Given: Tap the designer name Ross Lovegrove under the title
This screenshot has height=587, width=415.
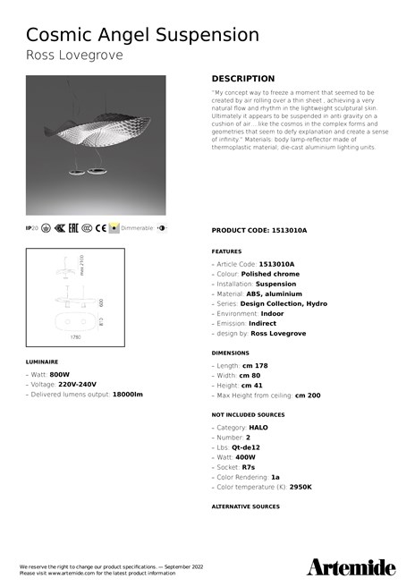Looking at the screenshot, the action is pos(74,55).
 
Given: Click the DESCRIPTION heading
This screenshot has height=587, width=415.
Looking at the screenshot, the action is pos(243,79).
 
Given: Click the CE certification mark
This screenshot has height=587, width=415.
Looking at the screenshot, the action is pos(101,229).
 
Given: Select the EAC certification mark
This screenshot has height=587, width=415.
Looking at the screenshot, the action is pos(73,229).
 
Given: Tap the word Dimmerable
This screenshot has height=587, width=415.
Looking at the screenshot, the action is pos(137,229).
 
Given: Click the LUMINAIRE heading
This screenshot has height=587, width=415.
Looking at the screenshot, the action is pos(43,362).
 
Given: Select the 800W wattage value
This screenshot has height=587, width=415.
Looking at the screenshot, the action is pos(60,375).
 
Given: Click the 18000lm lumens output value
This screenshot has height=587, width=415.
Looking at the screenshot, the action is pos(127,394).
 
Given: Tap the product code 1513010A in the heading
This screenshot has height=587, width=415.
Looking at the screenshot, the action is pos(288,230).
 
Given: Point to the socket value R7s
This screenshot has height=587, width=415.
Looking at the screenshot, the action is pos(249,466).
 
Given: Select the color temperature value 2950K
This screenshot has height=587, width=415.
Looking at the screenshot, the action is pos(301,486).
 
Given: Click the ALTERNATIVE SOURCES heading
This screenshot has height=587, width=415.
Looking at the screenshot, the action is pos(245,506).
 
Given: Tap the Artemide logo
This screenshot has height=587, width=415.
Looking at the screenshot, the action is pos(351,566).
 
